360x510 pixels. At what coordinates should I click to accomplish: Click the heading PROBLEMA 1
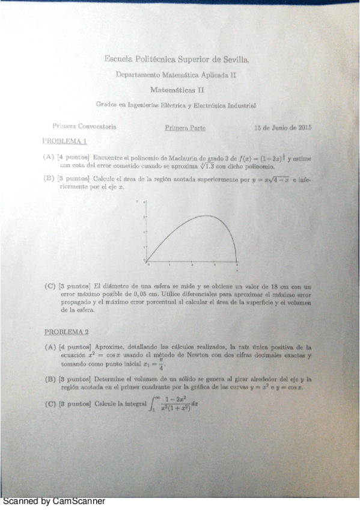pyautogui.click(x=65, y=142)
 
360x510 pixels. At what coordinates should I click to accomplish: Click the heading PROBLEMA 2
pyautogui.click(x=67, y=331)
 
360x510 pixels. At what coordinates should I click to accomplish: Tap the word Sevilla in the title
pyautogui.click(x=231, y=59)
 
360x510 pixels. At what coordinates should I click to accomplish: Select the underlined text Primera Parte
pyautogui.click(x=185, y=127)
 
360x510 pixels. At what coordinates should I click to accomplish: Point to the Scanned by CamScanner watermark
pyautogui.click(x=54, y=501)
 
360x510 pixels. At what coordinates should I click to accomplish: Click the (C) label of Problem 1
pyautogui.click(x=50, y=286)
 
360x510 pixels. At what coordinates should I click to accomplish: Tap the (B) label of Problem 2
pyautogui.click(x=50, y=379)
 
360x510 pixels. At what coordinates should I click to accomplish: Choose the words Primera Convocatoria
pyautogui.click(x=84, y=127)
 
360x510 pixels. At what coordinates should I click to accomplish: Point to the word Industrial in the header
pyautogui.click(x=242, y=105)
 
